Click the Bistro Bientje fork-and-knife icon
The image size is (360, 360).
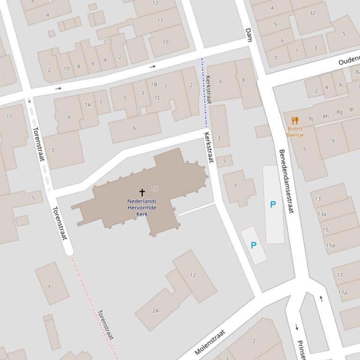coord(295,121)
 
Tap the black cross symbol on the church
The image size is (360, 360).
coord(142,192)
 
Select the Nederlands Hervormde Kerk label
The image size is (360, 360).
coord(142,208)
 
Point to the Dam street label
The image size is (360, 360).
coord(249,35)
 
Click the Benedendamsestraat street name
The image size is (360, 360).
coord(286,181)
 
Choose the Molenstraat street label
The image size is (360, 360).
coord(210,342)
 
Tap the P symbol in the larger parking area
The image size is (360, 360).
coord(273,204)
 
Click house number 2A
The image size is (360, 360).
coord(155,310)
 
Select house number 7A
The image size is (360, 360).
coord(88,105)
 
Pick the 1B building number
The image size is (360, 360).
coord(154,85)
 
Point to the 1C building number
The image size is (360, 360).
coord(157,98)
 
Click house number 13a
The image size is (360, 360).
coord(322,214)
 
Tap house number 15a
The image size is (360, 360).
coord(331,245)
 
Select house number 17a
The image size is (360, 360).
coord(343,293)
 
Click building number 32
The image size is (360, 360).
coord(312,13)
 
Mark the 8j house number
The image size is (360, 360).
coord(311,119)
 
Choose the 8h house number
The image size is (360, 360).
coord(325,116)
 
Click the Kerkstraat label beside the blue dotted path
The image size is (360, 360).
coord(208,89)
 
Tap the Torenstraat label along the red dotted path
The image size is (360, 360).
coord(106,324)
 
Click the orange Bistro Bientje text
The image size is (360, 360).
coord(295,132)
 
